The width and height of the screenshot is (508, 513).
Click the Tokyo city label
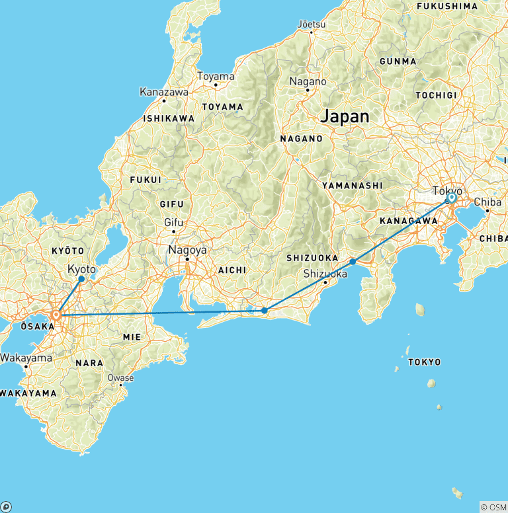[x=447, y=190]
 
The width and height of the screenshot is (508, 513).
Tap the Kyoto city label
[x=82, y=269]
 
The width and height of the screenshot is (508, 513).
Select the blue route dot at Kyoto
[x=81, y=279]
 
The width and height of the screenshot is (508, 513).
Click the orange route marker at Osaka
[x=56, y=315]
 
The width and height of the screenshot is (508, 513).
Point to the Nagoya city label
[x=188, y=251]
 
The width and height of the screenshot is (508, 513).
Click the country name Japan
[x=345, y=116]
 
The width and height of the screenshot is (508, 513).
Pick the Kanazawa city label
[x=164, y=93]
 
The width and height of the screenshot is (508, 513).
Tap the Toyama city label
[x=216, y=77]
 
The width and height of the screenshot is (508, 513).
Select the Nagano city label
[x=308, y=81]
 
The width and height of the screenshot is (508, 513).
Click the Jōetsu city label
[x=312, y=24]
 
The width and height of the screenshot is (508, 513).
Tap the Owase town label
[x=121, y=378]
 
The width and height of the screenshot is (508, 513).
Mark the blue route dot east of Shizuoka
[x=353, y=262]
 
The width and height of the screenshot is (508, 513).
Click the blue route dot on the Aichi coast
[x=264, y=310]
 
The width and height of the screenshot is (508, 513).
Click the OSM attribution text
[x=493, y=507]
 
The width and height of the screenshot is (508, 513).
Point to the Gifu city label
[x=173, y=222]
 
